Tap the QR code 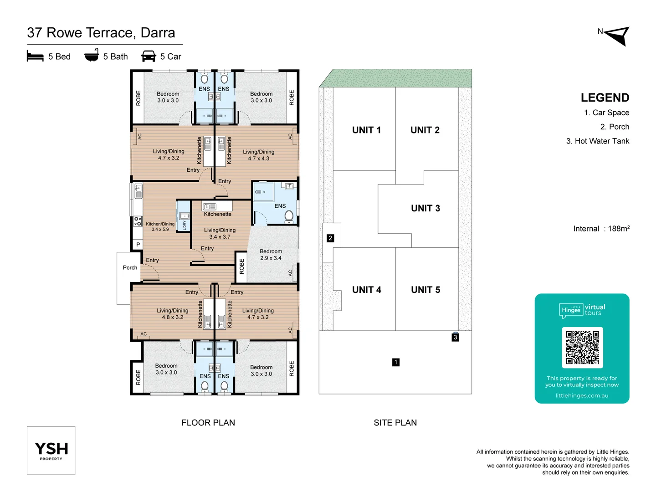pos(582,347)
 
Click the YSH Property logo pos(51,450)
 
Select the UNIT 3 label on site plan pos(425,208)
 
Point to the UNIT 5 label pos(425,290)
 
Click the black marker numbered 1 pos(396,362)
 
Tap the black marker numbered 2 pos(330,238)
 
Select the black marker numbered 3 pos(455,337)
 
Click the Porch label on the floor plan pos(130,267)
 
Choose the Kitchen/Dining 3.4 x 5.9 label pos(160,226)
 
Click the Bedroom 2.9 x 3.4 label pos(271,255)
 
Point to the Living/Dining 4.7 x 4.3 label pos(259,155)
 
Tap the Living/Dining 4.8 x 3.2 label pos(172,314)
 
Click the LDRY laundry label pos(184,225)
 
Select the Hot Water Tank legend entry pos(597,141)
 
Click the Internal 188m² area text pos(601,229)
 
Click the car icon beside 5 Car pos(149,56)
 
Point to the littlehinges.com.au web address pos(582,395)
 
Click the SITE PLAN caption pos(395,423)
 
